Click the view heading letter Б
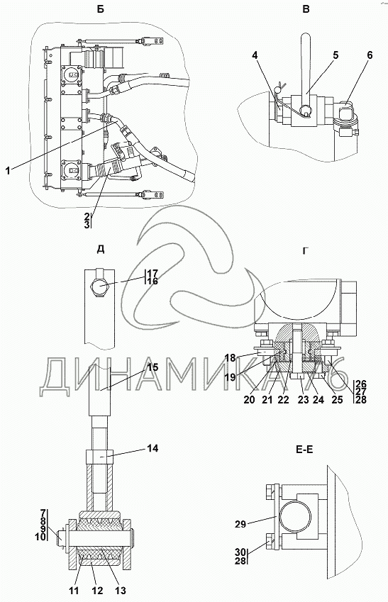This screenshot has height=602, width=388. [100, 9]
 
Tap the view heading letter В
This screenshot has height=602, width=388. [306, 9]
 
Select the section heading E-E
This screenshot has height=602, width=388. [304, 450]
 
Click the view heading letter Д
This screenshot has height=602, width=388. [101, 249]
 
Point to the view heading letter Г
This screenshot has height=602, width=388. [306, 251]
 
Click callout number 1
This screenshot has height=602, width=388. [8, 170]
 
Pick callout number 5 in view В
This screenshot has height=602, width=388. [336, 55]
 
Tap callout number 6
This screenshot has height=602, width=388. [369, 55]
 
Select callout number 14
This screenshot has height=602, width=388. [153, 448]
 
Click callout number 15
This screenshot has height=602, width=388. [153, 367]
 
